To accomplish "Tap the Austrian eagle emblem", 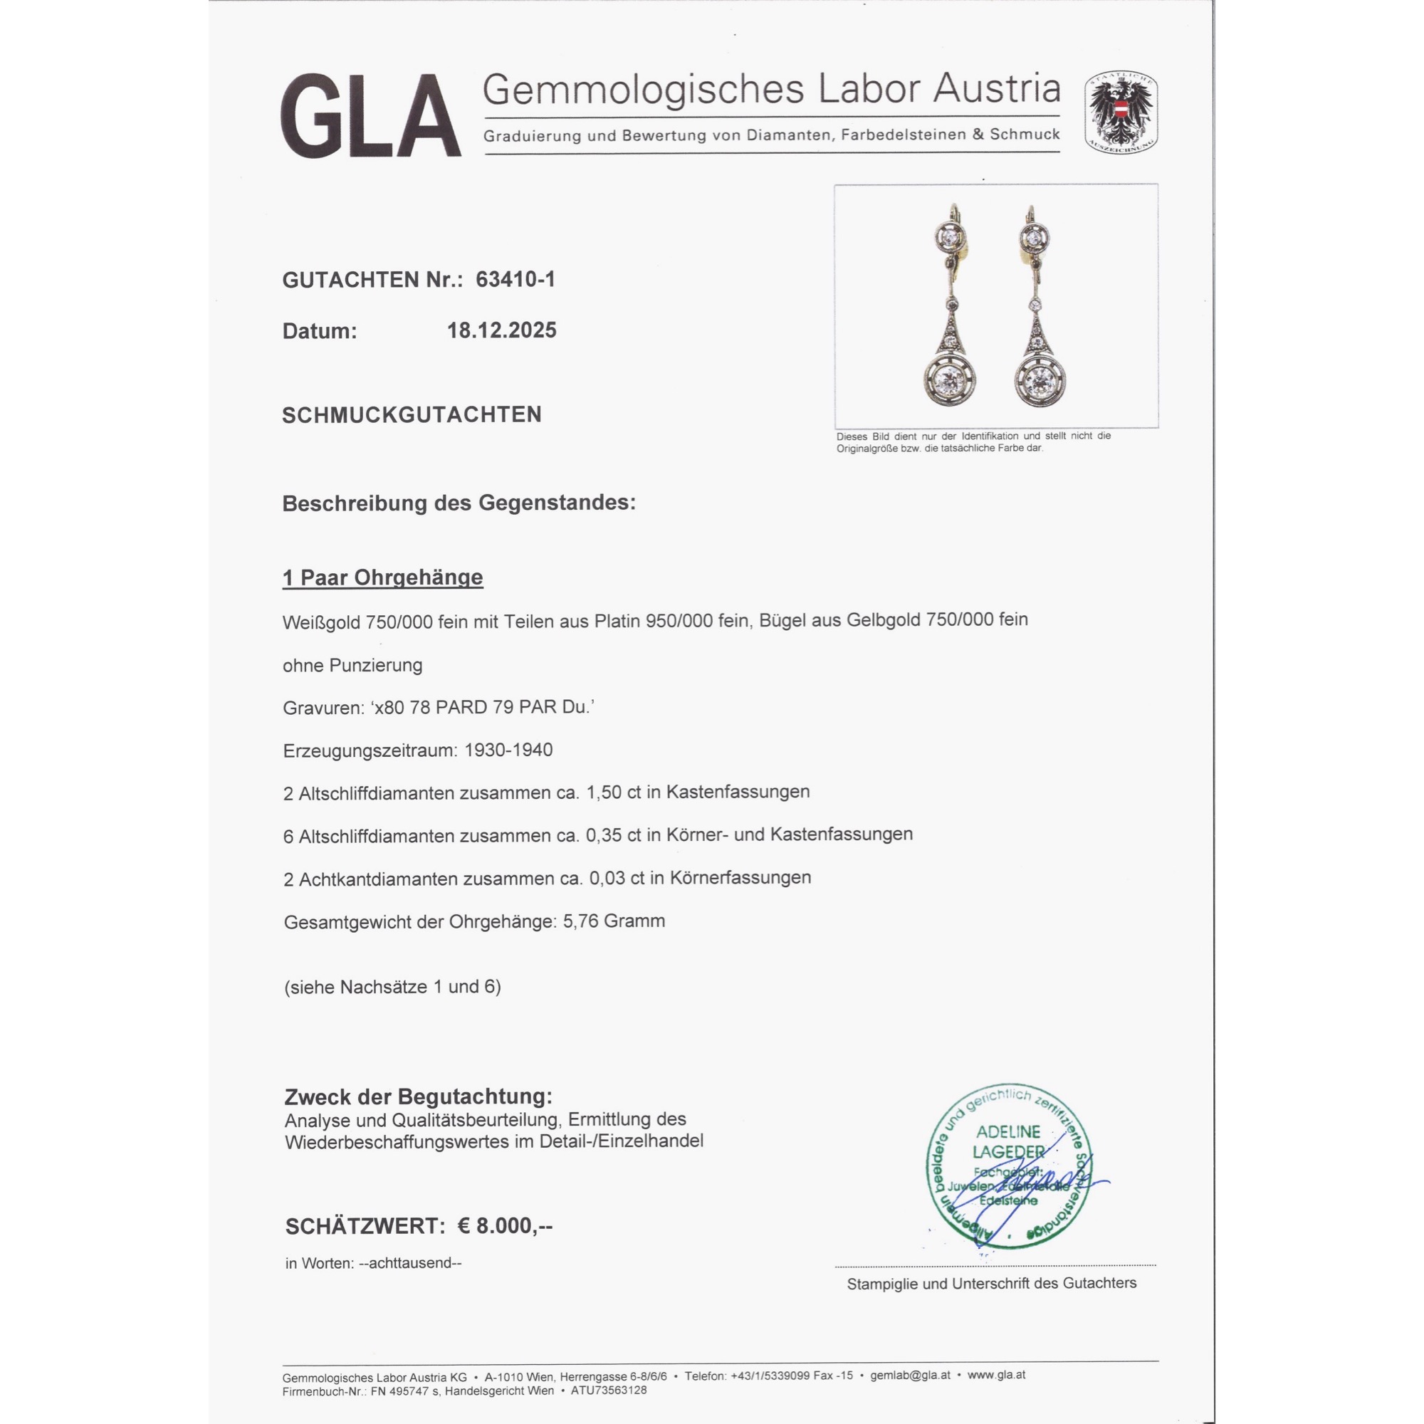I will (1120, 112).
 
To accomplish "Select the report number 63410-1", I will (515, 279).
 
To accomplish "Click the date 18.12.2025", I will (501, 330).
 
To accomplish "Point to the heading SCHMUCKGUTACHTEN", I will (412, 415).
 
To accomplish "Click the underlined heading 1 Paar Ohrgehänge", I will (382, 577).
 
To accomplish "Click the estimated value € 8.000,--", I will (505, 1226).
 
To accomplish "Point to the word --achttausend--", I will (410, 1262).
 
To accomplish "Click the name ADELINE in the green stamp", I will (1007, 1131).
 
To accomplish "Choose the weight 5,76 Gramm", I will (614, 921).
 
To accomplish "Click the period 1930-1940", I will (508, 750).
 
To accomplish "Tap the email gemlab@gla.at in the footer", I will (910, 1376).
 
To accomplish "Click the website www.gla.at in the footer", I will (997, 1375).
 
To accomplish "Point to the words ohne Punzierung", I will (352, 666).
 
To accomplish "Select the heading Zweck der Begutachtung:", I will (418, 1096).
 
